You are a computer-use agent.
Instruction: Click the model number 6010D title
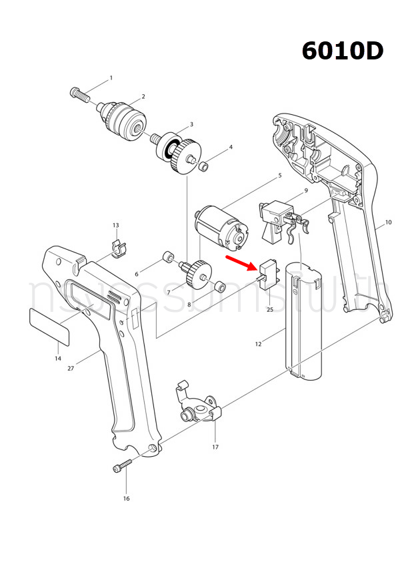(342, 50)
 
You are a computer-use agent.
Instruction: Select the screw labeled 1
(79, 93)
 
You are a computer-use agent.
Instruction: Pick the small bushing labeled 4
(207, 163)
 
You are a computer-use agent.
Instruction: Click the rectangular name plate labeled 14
(50, 327)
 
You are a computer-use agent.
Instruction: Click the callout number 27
(71, 367)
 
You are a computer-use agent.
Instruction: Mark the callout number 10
(388, 221)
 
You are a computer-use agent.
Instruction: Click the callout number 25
(269, 309)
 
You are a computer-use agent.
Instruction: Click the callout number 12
(258, 345)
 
